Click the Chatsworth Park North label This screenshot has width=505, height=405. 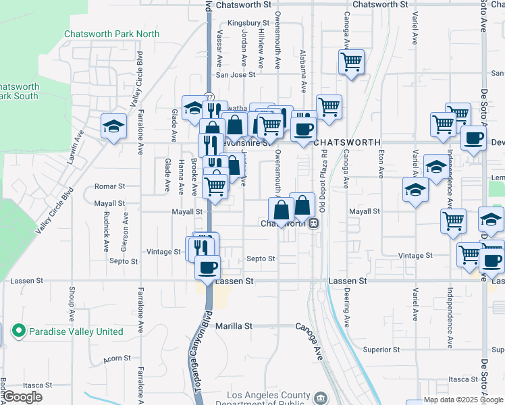(112, 34)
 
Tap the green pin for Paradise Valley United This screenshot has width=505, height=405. (19, 331)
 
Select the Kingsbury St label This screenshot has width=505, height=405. (244, 23)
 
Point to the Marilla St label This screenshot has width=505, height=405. (234, 326)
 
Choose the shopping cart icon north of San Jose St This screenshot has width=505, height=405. (351, 62)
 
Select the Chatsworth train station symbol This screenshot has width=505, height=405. (314, 223)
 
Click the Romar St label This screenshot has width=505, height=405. (110, 186)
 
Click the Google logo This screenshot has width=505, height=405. (24, 397)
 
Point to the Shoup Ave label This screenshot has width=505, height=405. (72, 304)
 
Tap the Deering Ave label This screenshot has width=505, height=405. (346, 305)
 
